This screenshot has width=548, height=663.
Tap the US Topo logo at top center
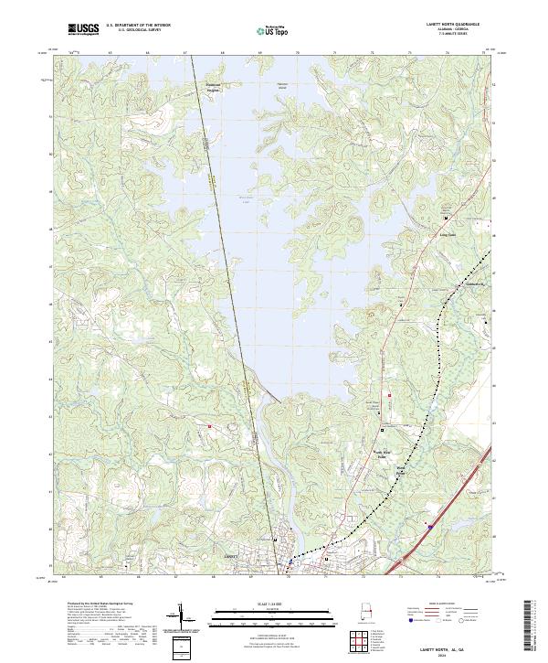point(274,30)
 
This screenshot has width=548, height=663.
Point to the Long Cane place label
point(448,234)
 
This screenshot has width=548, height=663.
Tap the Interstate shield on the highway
point(429,526)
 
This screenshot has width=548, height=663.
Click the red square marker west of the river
point(209,426)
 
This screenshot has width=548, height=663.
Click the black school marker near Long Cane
point(446,219)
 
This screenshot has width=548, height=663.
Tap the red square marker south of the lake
point(390,394)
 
